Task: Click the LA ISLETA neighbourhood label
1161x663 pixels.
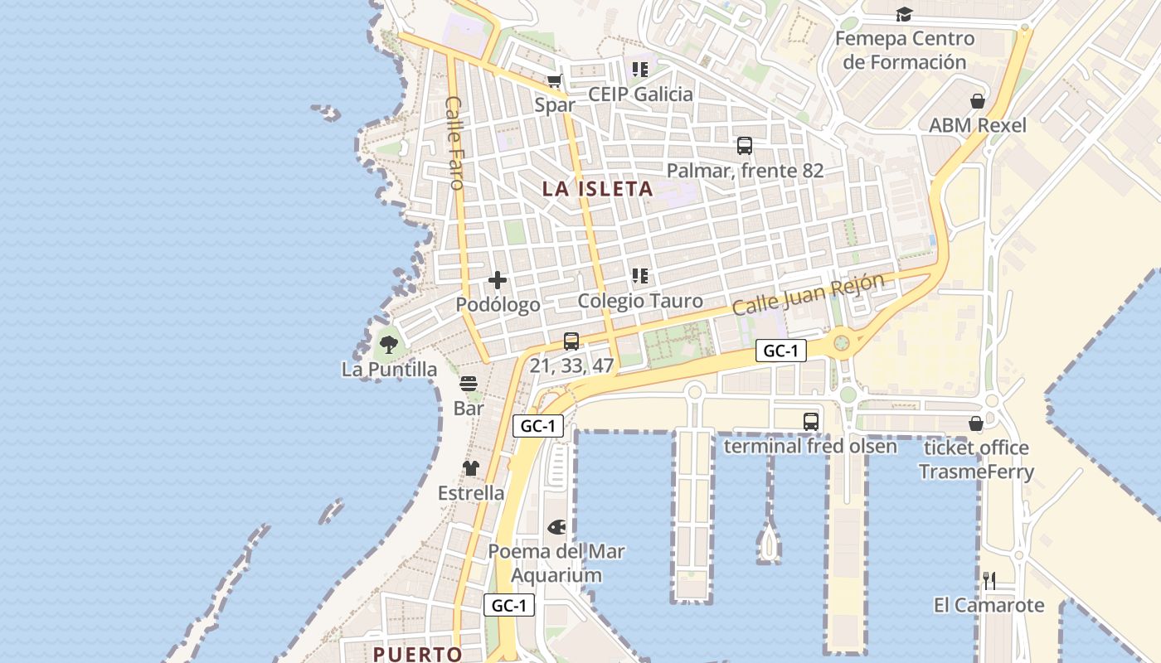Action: (597, 189)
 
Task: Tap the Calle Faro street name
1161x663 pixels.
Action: (454, 143)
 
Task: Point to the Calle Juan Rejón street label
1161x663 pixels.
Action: (808, 294)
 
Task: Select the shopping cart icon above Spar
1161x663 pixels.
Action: (554, 81)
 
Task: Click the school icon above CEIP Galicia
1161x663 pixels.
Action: (639, 70)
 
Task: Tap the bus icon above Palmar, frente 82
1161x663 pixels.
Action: (745, 146)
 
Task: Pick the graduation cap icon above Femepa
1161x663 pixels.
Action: (904, 15)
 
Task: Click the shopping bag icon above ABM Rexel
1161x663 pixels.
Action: (978, 101)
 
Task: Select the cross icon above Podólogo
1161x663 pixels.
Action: (498, 280)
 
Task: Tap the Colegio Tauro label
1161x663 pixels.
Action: (640, 301)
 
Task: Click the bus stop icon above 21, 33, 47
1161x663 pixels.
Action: (571, 341)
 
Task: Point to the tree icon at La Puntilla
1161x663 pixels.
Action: (388, 344)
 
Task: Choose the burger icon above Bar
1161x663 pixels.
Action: (469, 384)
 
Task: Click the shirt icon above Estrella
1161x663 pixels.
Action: (471, 468)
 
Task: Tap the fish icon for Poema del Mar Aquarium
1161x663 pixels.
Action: (556, 527)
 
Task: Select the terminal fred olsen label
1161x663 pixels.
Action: (810, 447)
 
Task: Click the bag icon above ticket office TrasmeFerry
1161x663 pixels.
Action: (976, 423)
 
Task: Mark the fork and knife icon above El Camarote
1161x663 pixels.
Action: (989, 580)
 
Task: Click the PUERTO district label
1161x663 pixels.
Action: (417, 654)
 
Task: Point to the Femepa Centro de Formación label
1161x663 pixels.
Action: (905, 50)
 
